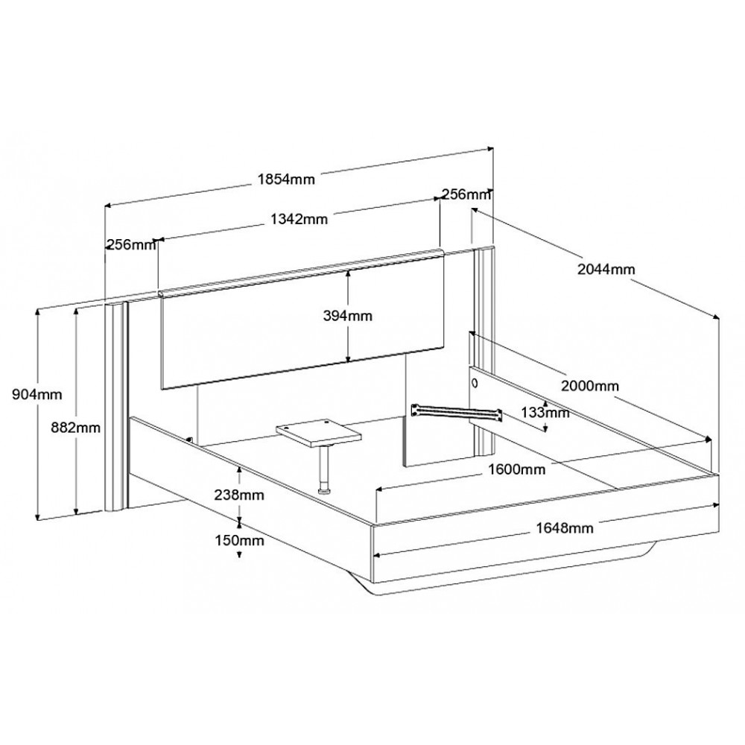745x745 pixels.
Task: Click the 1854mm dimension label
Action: coord(286,179)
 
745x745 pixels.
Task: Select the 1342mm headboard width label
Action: coord(299,219)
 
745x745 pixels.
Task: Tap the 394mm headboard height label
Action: coord(348,315)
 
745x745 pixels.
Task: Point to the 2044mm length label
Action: coord(606,270)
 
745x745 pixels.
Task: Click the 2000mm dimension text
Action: coord(590,386)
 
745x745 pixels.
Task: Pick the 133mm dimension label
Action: coord(545,413)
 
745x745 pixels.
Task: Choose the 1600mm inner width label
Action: coord(517,469)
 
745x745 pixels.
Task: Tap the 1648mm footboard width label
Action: coord(565,528)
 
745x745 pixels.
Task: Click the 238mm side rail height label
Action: coord(239,495)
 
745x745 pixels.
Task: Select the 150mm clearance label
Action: coord(239,540)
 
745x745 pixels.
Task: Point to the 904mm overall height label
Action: coord(37,394)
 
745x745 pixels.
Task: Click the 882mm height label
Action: coord(76,428)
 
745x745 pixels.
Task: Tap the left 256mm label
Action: coord(130,244)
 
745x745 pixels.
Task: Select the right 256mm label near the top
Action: coord(466,194)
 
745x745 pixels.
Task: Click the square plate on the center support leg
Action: coord(319,433)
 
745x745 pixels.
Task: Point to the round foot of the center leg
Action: coord(325,489)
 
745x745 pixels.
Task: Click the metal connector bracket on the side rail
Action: coord(457,413)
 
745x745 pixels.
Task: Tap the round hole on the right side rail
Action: coord(475,381)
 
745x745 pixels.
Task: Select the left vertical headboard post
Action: coord(116,406)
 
